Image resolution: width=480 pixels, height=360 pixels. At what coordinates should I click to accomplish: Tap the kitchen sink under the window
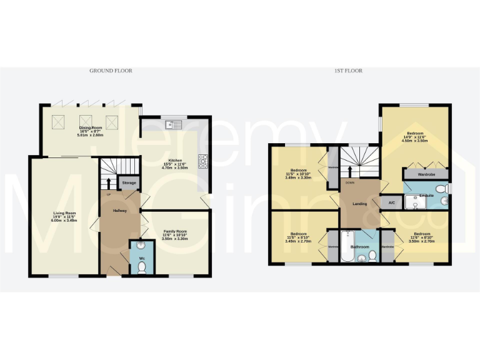[x=172, y=124]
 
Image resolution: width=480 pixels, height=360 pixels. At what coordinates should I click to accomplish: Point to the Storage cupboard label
[x=129, y=183]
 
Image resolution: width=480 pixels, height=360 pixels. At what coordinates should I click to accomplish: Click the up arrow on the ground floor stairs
[x=109, y=183]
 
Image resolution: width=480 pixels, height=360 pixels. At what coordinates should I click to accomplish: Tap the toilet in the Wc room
[x=141, y=267]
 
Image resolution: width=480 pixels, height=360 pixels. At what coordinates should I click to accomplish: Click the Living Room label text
[x=64, y=216]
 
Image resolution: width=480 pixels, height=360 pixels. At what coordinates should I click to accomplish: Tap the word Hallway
[x=119, y=211]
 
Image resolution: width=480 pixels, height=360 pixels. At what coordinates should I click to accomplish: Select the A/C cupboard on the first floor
[x=392, y=202]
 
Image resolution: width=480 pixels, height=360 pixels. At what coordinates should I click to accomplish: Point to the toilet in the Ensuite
[x=441, y=187]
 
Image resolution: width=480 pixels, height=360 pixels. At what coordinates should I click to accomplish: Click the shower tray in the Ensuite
[x=416, y=200]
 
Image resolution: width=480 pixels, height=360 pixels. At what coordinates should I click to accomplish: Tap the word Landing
[x=359, y=203]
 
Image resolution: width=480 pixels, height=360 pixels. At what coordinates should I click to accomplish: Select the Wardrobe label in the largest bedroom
[x=426, y=174]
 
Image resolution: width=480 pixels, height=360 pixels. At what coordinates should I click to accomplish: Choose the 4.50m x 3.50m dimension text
[x=416, y=141]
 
